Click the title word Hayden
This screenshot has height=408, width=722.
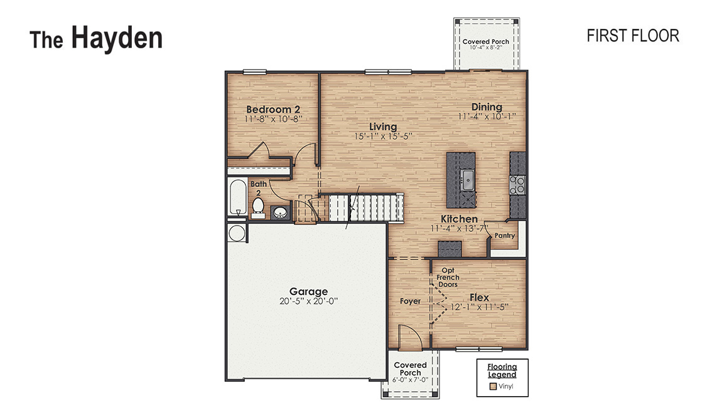pos(117,38)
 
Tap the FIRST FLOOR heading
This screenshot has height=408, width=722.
pos(632,36)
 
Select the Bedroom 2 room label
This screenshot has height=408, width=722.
pos(269,109)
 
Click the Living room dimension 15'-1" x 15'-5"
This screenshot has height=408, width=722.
pos(383,136)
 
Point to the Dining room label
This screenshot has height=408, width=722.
pos(487,107)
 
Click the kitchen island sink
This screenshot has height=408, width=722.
pos(466,179)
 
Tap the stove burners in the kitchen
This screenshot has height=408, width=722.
pos(519,185)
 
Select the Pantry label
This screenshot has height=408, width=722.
pos(504,236)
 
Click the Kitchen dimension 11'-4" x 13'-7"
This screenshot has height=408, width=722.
pos(459,228)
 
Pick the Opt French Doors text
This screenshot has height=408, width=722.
pos(448,277)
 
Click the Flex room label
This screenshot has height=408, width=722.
pos(479,298)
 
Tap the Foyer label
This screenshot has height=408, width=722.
pos(410,301)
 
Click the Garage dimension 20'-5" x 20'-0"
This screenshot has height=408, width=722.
pos(308,300)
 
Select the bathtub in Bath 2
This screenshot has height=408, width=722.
pos(237,197)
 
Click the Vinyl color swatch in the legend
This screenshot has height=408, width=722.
pos(493,386)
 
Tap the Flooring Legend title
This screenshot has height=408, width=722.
pos(502,370)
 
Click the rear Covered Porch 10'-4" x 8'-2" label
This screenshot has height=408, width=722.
pos(486,44)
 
